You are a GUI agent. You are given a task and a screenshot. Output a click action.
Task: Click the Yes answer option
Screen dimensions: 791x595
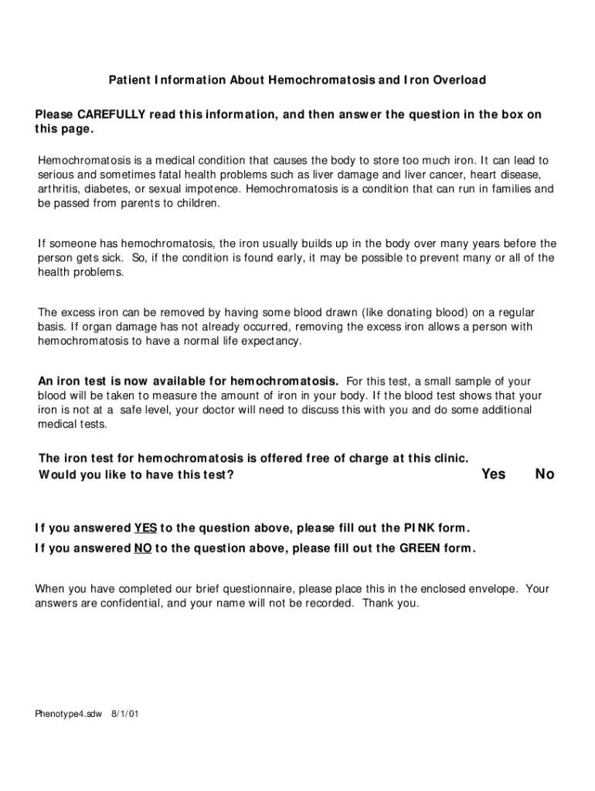tap(493, 474)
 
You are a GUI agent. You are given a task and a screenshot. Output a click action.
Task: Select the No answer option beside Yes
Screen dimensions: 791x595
tap(545, 474)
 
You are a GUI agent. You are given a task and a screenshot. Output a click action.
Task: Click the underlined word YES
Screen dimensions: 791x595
tap(145, 528)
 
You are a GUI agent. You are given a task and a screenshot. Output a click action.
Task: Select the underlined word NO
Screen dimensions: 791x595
tap(143, 549)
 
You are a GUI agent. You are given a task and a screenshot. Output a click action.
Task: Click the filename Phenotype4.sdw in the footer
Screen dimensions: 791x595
tap(68, 714)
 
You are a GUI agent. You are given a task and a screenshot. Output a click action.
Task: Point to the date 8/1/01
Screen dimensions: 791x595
tap(125, 714)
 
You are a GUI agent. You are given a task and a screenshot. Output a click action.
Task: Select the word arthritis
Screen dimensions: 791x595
tap(59, 189)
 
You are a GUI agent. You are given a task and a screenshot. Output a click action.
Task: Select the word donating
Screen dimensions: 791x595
tap(386, 313)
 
